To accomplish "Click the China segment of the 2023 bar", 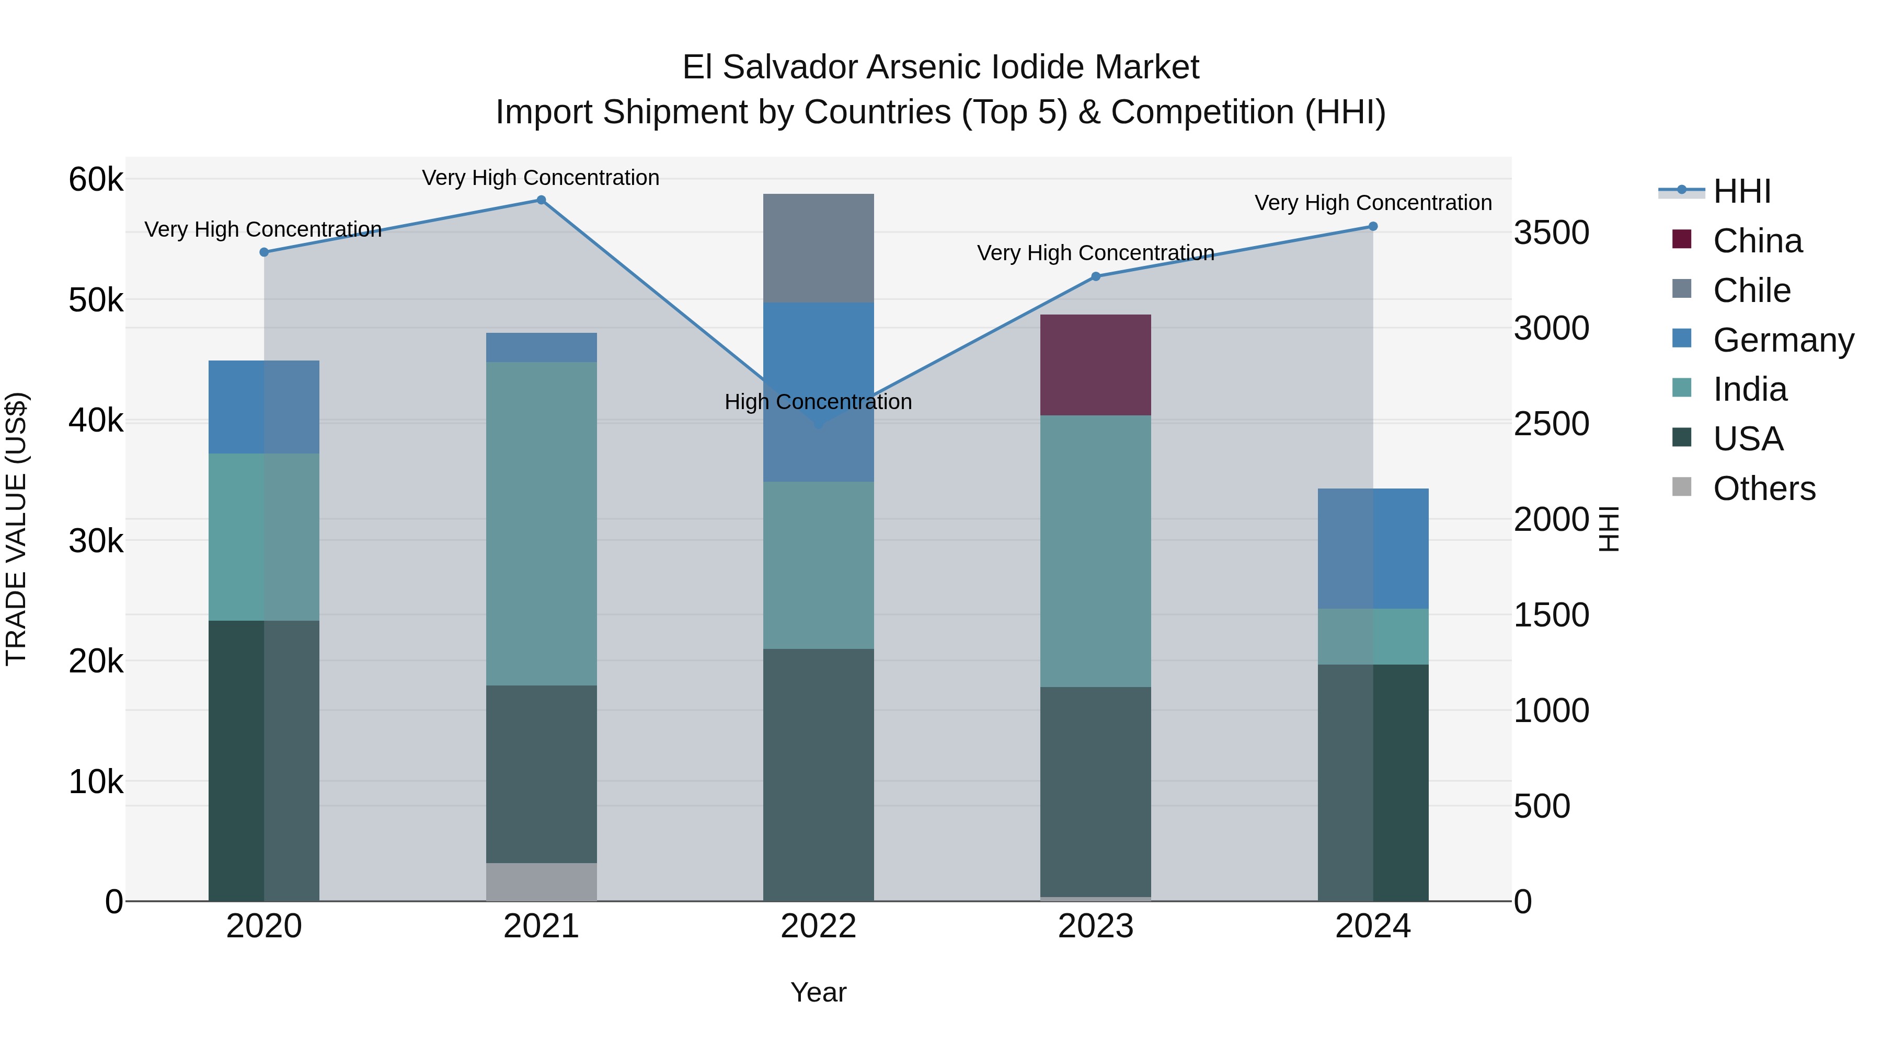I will click(x=1095, y=365).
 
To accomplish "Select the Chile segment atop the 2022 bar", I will click(x=818, y=248).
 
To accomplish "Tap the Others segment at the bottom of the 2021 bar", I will click(x=542, y=882).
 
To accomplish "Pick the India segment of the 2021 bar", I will click(x=542, y=524).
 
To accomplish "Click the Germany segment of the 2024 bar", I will click(x=1373, y=549).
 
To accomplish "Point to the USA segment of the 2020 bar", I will click(x=264, y=761).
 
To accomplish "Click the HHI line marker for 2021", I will click(x=542, y=200).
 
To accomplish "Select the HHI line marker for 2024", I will click(x=1373, y=226).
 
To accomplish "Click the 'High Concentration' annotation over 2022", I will click(x=818, y=402).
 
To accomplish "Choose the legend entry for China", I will click(x=1757, y=241).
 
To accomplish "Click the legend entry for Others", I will click(x=1764, y=489).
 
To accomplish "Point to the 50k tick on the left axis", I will click(x=96, y=300).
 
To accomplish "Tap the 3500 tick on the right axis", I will click(x=1551, y=233).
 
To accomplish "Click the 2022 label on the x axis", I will click(x=818, y=926).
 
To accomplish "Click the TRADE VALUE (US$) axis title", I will click(x=16, y=529).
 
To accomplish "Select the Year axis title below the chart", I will click(x=818, y=992).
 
